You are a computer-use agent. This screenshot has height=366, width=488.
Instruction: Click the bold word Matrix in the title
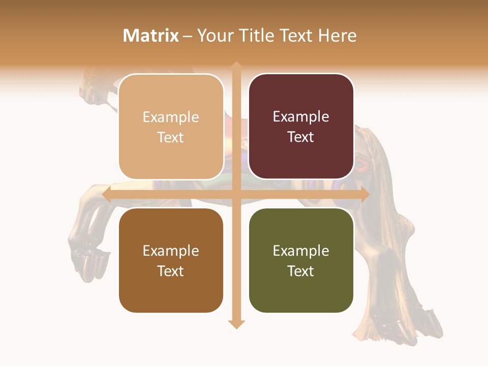pyautogui.click(x=151, y=36)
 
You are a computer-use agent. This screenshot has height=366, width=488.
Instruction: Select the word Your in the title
pyautogui.click(x=216, y=36)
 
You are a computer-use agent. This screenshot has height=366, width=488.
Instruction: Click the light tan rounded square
pyautogui.click(x=171, y=127)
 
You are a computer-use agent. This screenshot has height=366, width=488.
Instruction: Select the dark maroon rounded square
pyautogui.click(x=301, y=127)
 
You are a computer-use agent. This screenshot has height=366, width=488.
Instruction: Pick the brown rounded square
pyautogui.click(x=171, y=260)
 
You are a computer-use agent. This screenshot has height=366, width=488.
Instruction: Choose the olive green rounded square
pyautogui.click(x=301, y=260)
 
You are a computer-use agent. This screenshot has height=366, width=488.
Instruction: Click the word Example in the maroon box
pyautogui.click(x=301, y=117)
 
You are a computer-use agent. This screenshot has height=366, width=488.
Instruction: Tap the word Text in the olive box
pyautogui.click(x=301, y=271)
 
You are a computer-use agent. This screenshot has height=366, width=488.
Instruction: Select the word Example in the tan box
pyautogui.click(x=171, y=117)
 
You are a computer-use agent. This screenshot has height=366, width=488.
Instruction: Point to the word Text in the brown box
pyautogui.click(x=171, y=271)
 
